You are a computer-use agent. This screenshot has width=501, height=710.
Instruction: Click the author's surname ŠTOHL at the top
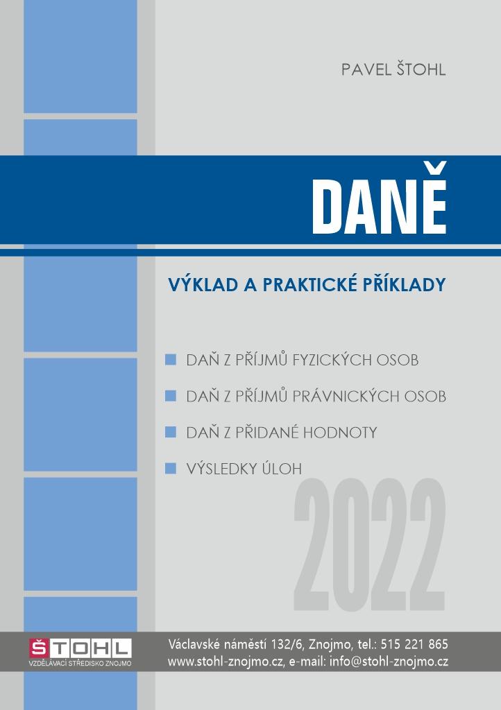tap(417, 70)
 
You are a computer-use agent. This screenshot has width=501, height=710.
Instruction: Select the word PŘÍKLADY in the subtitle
tap(403, 284)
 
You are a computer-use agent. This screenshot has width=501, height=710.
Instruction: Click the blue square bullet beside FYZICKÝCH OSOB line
tap(171, 361)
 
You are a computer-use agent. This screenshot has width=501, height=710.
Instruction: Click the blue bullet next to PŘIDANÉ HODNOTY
tap(171, 433)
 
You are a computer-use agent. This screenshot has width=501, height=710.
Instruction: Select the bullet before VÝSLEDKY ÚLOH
tap(171, 469)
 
